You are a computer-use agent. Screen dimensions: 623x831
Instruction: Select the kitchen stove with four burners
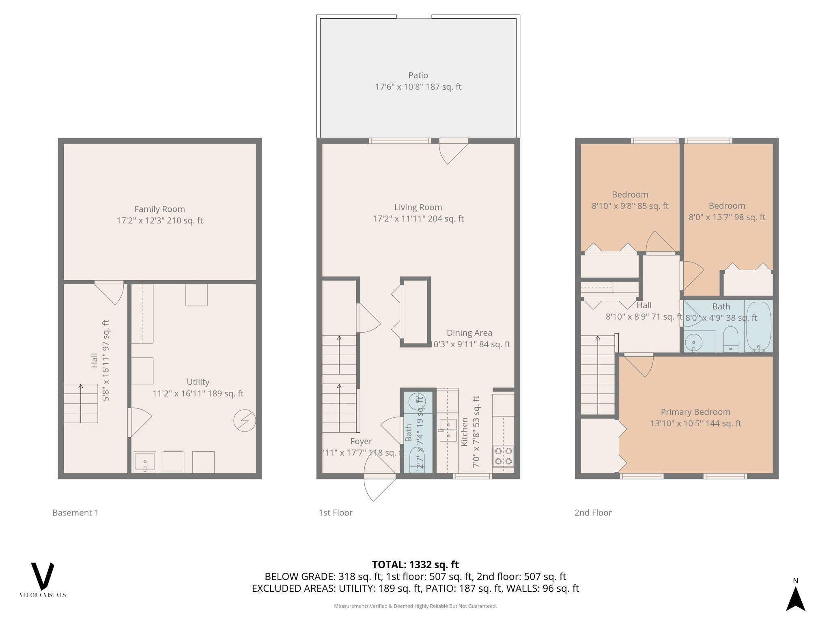click(x=503, y=456)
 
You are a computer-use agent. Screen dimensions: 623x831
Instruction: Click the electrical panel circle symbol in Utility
click(x=245, y=421)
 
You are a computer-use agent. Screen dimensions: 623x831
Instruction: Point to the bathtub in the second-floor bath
click(x=758, y=327)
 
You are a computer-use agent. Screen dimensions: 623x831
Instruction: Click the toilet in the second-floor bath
click(x=730, y=339)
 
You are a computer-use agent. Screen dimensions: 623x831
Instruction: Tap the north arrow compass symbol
click(x=795, y=597)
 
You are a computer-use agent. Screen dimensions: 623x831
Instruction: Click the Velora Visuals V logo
click(x=43, y=576)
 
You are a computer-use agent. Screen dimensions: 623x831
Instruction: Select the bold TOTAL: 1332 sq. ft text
click(x=415, y=565)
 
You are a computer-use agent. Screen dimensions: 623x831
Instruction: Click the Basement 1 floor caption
click(x=75, y=513)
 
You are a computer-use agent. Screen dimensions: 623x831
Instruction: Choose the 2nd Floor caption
click(x=593, y=513)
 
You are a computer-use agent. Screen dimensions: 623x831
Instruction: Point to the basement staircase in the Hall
click(x=81, y=404)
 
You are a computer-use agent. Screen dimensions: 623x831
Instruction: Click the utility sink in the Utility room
click(x=145, y=462)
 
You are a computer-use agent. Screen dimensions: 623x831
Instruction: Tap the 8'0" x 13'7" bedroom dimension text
click(x=727, y=217)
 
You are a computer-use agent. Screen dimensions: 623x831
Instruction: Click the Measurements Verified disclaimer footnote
click(x=415, y=606)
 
